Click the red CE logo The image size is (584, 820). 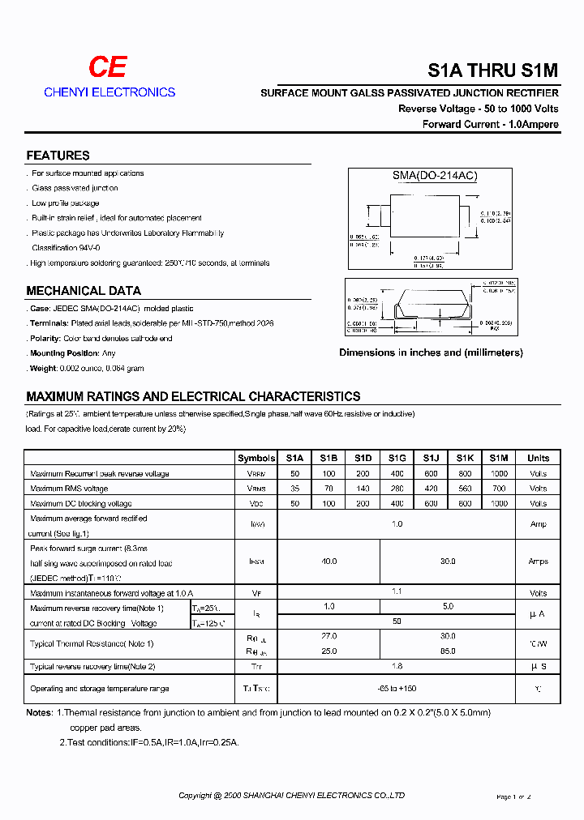pos(107,68)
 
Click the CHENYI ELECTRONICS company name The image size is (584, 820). pos(109,92)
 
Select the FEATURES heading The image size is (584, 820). pos(58,156)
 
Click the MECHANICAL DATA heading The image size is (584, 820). pos(84,291)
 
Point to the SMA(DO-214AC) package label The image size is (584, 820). pos(430,176)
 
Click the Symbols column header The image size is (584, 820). pos(256,458)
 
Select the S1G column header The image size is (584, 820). pos(397,458)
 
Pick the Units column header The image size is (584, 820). pos(538,458)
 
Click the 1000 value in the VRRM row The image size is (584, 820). pos(499,473)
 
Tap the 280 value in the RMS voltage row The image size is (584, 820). pos(397,489)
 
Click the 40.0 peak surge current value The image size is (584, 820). pos(328,561)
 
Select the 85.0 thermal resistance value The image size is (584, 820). pos(447,651)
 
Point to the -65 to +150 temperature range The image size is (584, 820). pos(397,688)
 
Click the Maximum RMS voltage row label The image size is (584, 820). pos(69,489)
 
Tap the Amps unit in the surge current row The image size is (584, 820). pos(538,561)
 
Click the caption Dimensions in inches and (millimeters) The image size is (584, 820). pos(431,352)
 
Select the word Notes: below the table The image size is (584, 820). pos(39,713)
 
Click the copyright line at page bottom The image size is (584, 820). pos(291,796)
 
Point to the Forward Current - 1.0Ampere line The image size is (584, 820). pos(490,124)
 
